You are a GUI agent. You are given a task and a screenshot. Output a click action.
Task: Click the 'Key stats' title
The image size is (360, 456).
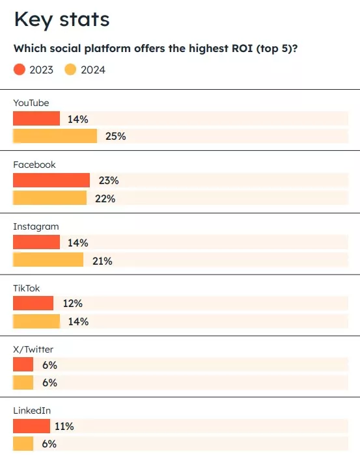pos(62,20)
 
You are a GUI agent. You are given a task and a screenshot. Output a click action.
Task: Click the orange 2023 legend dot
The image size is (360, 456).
pos(20,70)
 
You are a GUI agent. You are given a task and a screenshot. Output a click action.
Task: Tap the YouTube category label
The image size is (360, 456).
pos(31,103)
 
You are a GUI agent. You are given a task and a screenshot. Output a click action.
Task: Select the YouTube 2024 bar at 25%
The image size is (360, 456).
pos(55,137)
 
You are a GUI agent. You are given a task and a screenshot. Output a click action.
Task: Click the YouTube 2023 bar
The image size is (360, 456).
pos(36,119)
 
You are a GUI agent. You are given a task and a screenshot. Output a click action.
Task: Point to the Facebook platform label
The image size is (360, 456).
pos(35,165)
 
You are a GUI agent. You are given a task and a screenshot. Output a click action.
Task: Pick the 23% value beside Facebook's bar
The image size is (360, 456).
pos(108,181)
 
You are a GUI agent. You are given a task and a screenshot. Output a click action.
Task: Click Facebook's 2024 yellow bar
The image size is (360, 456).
pos(49,198)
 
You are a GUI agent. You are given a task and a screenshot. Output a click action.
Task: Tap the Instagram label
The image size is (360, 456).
pos(36,226)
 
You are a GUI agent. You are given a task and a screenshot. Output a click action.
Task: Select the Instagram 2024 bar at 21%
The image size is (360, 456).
pos(48,260)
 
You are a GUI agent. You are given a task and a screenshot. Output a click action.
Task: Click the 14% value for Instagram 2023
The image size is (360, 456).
pos(78,243)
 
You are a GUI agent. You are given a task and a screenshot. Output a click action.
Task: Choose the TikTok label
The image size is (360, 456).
pos(27,288)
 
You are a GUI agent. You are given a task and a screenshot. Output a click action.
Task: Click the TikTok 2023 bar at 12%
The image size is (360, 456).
pos(33,304)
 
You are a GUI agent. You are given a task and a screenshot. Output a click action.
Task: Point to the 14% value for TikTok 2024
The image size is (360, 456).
pos(78,321)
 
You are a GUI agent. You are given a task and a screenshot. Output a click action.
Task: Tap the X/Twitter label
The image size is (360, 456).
pos(34,349)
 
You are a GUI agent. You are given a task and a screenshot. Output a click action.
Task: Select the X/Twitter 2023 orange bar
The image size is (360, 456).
pos(23,365)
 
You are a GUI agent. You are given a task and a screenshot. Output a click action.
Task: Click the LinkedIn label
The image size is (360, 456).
pos(32,410)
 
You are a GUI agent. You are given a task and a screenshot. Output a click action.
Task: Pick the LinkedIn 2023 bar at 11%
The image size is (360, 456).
pos(31,427)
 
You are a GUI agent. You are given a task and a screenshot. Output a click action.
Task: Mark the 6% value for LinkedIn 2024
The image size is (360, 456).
pos(49,444)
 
